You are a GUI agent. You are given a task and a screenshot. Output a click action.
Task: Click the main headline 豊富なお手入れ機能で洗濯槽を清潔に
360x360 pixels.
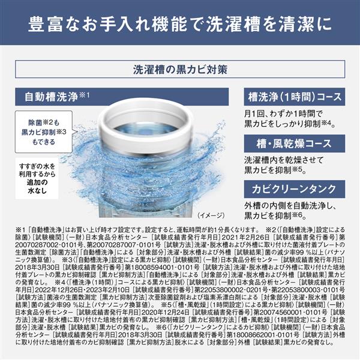click(180, 27)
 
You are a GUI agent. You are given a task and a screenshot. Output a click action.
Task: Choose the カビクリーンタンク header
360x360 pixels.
click(291, 190)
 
